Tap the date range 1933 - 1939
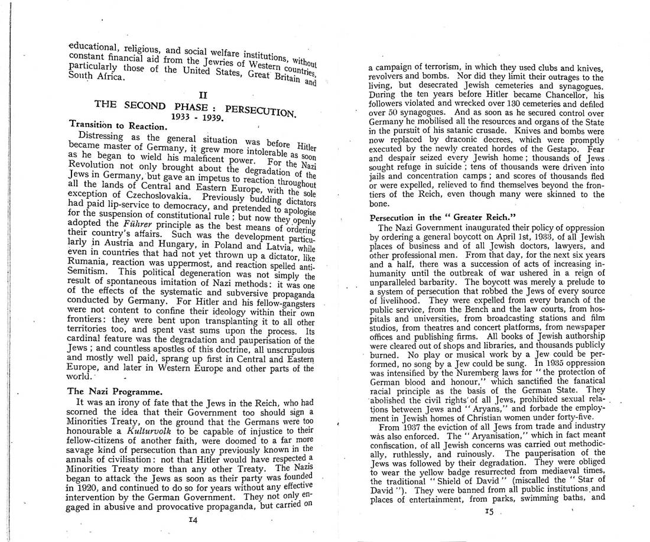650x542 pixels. point(196,116)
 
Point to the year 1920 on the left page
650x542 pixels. point(82,488)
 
